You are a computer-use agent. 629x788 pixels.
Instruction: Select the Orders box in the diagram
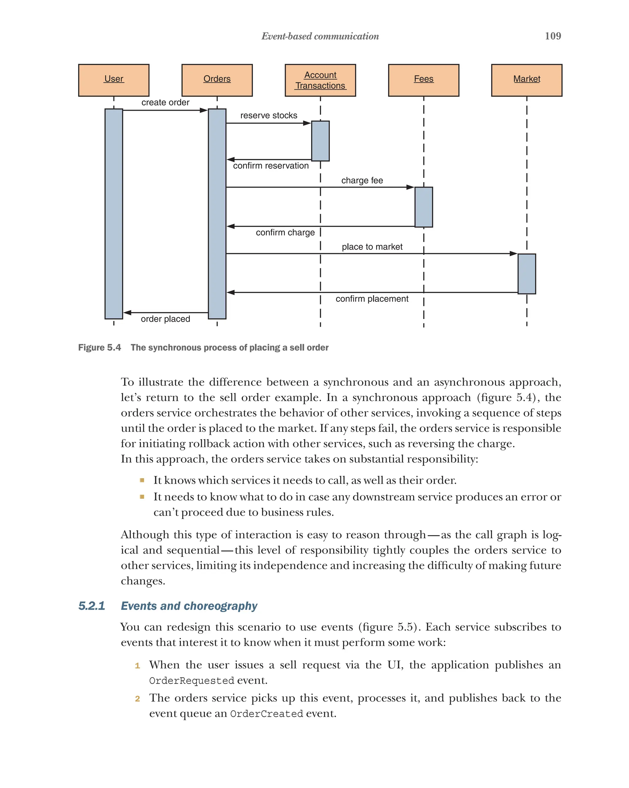pos(217,80)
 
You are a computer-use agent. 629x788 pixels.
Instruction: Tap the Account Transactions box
pos(320,80)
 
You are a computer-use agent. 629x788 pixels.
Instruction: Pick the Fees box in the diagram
pos(423,80)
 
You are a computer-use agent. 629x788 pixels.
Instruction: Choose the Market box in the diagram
pos(526,80)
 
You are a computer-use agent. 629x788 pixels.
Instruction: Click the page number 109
pos(553,36)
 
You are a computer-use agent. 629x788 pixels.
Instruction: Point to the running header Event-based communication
pos(320,36)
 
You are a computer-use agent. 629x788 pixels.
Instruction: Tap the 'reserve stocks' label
pos(268,116)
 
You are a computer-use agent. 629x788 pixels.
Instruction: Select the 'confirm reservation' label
pos(271,166)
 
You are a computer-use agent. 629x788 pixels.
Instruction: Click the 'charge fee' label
pos(362,181)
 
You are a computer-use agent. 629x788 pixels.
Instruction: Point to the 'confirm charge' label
pos(285,233)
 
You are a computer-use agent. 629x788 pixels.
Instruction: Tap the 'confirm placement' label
pos(372,299)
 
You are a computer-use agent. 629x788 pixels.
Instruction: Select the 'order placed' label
pos(166,319)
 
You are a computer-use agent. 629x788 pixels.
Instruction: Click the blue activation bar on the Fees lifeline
pos(423,207)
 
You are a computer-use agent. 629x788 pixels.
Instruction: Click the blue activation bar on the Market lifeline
pos(526,273)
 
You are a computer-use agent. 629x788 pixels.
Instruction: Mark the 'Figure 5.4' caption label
pos(99,347)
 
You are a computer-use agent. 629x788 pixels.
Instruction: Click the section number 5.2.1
pos(92,605)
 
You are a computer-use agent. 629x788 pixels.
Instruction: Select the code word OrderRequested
pos(191,680)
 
